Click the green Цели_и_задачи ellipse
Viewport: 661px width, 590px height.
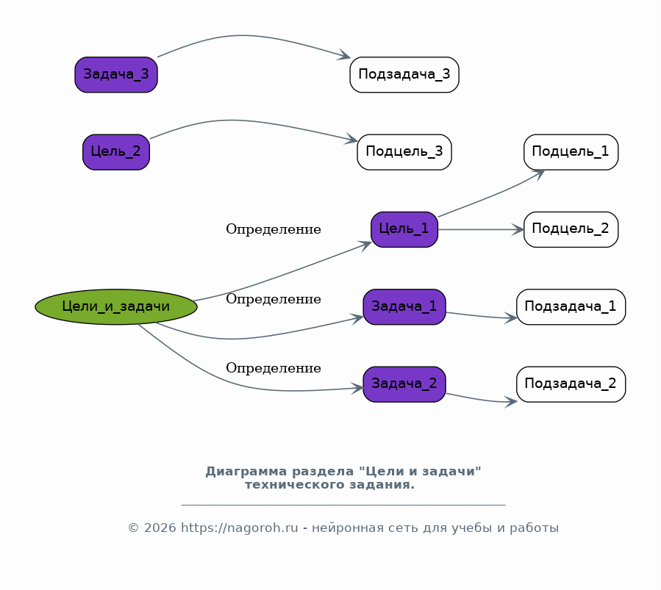coord(116,306)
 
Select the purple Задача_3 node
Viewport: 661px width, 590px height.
coord(116,74)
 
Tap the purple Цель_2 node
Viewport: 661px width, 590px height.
coord(116,152)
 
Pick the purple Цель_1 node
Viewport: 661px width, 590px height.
coord(404,229)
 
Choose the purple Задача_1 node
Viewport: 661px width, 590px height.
coord(404,306)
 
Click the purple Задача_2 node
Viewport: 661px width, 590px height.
coord(404,384)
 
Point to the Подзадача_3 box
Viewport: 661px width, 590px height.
coord(404,74)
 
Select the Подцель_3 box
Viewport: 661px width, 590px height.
coord(404,152)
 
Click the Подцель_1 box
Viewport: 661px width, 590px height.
coord(571,152)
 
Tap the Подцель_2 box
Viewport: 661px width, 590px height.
coord(571,229)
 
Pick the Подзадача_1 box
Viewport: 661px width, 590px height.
coord(571,306)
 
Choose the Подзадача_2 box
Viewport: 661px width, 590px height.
coord(571,384)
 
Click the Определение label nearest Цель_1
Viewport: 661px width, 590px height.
coord(274,229)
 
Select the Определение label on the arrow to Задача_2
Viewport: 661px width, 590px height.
coord(274,368)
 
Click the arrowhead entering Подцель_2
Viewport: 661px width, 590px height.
coord(519,229)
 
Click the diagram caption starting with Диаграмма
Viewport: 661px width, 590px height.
coord(343,478)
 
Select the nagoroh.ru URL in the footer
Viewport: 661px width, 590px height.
coord(240,528)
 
